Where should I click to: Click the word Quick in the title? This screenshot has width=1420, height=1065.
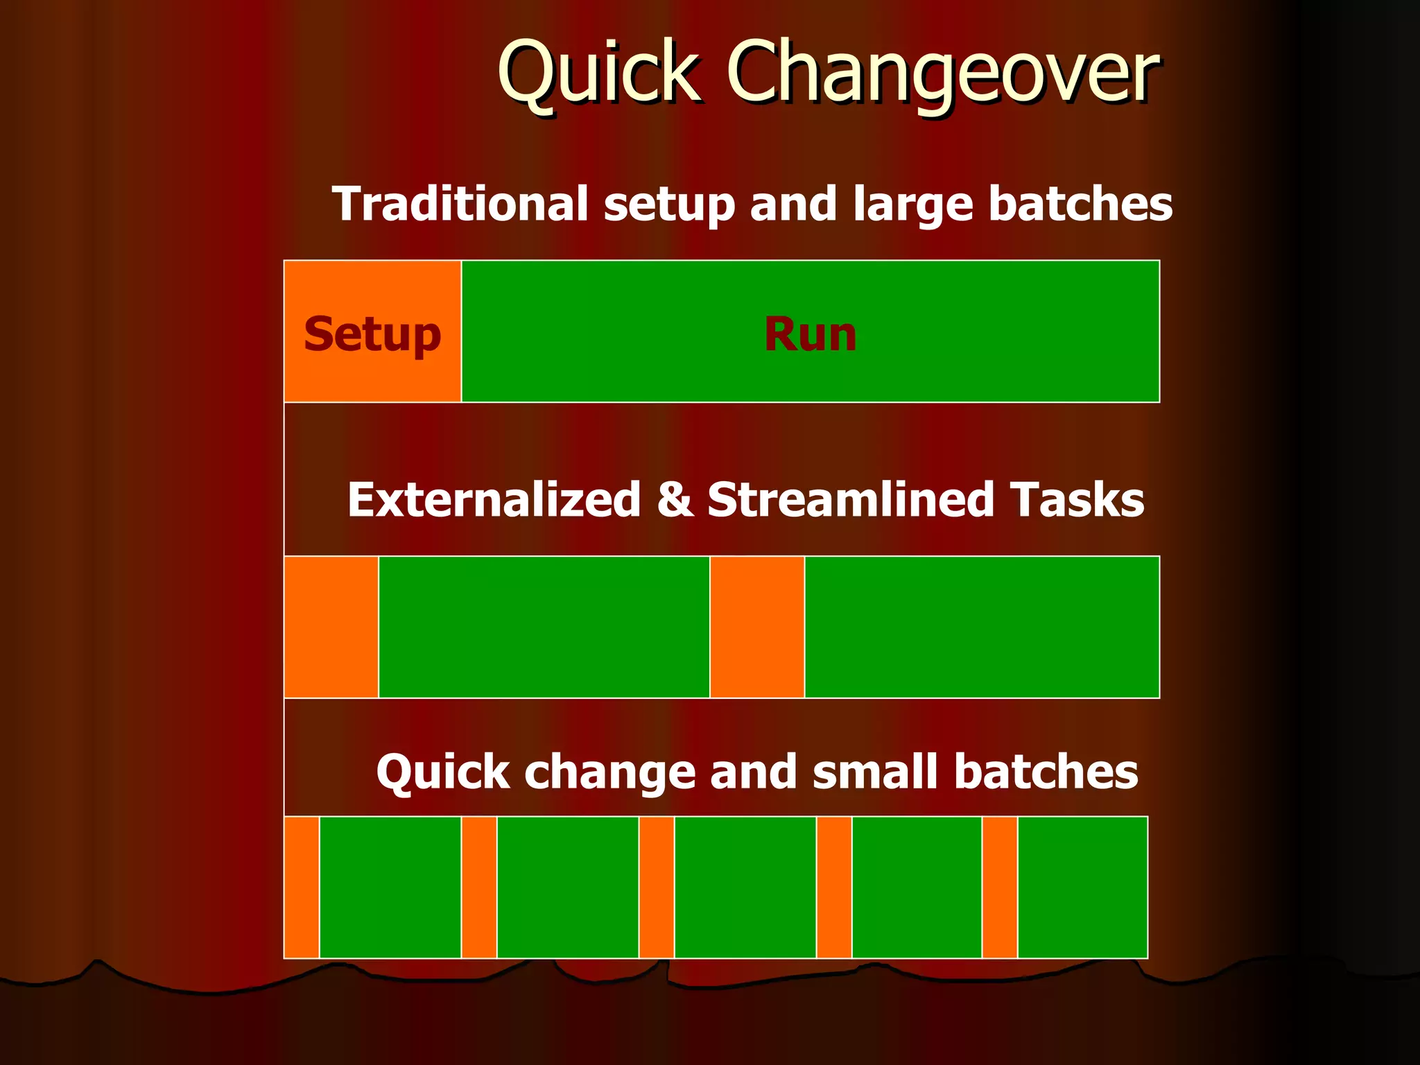pos(598,73)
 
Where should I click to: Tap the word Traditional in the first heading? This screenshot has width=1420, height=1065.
pos(460,204)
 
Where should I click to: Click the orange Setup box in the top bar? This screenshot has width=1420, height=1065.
pos(372,331)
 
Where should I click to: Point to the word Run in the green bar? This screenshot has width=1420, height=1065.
pos(810,334)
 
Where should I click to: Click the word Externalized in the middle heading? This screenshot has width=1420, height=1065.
pos(494,500)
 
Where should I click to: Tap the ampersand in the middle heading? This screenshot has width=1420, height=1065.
pos(674,499)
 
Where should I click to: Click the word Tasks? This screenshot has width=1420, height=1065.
pos(1076,500)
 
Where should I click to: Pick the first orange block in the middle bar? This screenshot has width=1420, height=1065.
pos(331,627)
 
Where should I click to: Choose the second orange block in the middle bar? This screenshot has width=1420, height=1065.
pos(757,627)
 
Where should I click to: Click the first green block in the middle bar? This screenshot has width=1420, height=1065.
pos(544,627)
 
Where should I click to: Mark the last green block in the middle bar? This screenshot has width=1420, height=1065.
pos(982,627)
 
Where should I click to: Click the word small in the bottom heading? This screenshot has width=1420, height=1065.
pos(874,772)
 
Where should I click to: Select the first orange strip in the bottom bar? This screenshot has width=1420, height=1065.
pos(302,887)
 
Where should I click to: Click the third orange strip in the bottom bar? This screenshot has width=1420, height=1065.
pos(657,887)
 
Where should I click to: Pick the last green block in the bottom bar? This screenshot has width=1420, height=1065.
pos(1082,887)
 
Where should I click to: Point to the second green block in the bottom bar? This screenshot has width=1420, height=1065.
pos(568,887)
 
